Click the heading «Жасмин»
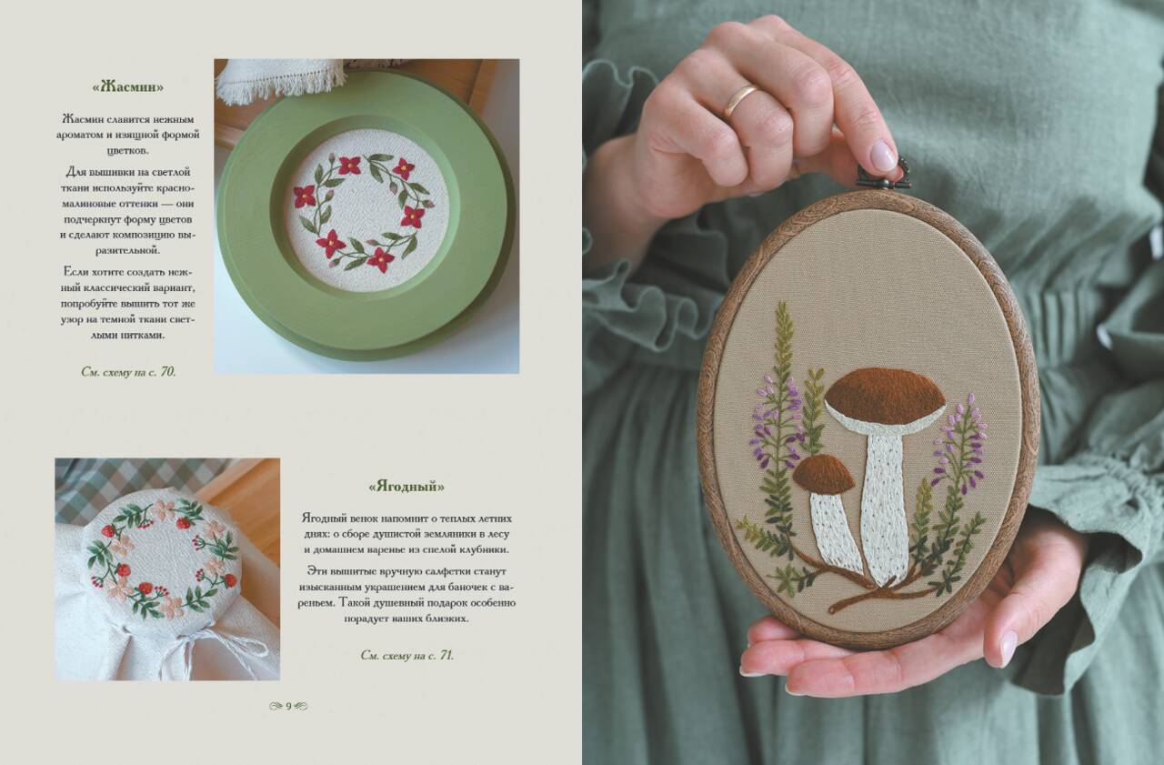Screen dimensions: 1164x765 128,86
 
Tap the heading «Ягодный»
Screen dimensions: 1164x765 406,487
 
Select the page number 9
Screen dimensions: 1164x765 288,706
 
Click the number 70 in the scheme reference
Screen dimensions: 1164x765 167,372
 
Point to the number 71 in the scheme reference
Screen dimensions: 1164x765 447,655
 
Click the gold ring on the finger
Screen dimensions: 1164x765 739,100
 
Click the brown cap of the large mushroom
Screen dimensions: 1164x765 885,396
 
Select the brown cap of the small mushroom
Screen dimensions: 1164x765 823,474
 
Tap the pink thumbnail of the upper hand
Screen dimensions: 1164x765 883,156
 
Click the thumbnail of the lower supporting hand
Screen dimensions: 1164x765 1008,648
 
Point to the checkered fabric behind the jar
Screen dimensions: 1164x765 130,486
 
